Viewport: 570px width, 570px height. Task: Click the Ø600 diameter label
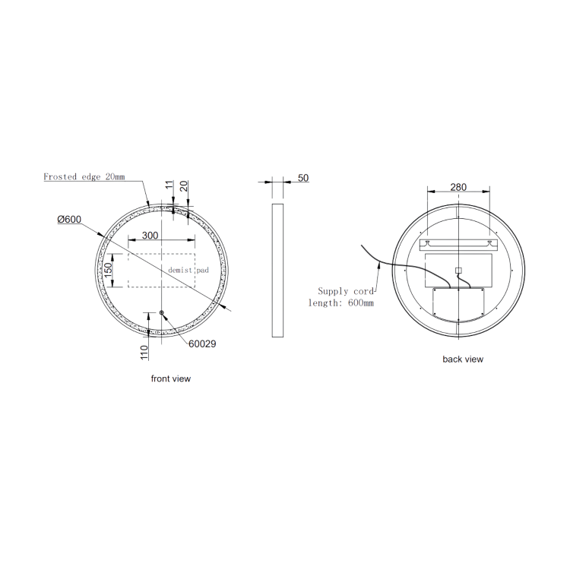[69, 220]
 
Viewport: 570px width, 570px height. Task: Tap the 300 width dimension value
[150, 236]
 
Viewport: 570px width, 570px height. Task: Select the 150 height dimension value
[109, 270]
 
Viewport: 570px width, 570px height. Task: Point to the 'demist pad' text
[188, 270]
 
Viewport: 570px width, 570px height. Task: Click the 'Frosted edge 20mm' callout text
[84, 177]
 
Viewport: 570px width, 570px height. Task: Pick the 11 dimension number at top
[169, 185]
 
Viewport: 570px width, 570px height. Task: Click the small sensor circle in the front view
[161, 313]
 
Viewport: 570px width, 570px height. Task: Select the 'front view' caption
[171, 378]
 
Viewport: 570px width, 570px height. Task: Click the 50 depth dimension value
[303, 178]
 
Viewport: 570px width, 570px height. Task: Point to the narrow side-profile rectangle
[277, 270]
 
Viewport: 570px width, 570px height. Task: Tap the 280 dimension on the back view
[458, 187]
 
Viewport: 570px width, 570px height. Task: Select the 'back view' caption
[463, 359]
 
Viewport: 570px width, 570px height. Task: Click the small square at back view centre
[458, 270]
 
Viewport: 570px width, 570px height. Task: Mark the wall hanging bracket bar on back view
[458, 244]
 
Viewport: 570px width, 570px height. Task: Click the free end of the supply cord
[360, 246]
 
